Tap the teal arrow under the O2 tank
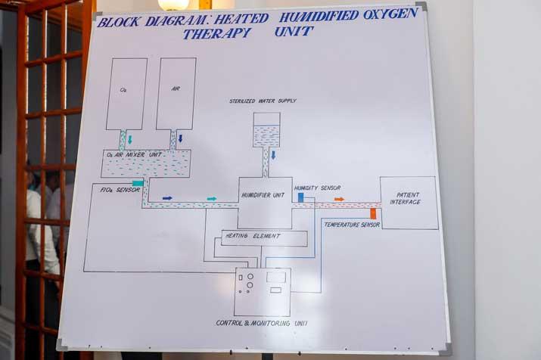(130, 140)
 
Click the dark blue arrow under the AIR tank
(180, 138)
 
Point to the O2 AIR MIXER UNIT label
(134, 155)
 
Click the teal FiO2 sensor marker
(138, 183)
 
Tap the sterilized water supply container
(266, 129)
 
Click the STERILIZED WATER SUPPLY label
(263, 101)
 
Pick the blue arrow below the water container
(273, 155)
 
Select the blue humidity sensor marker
(300, 197)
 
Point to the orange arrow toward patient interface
(340, 200)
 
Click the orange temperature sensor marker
(373, 214)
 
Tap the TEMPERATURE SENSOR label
(352, 225)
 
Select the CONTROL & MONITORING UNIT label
(262, 323)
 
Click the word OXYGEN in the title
(390, 14)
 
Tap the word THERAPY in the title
(217, 33)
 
